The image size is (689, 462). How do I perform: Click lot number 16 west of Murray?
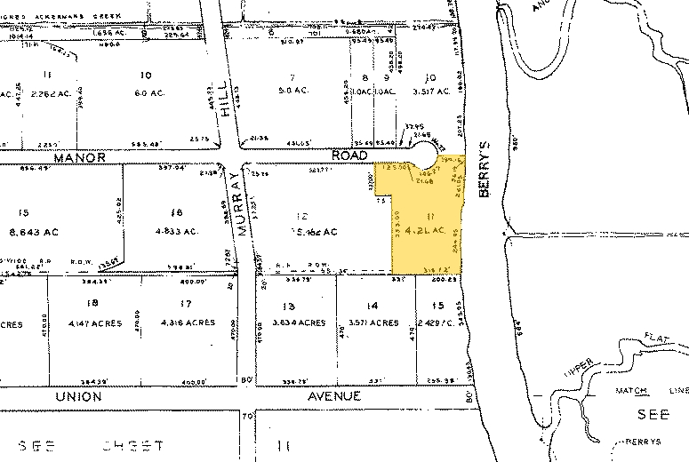176,212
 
